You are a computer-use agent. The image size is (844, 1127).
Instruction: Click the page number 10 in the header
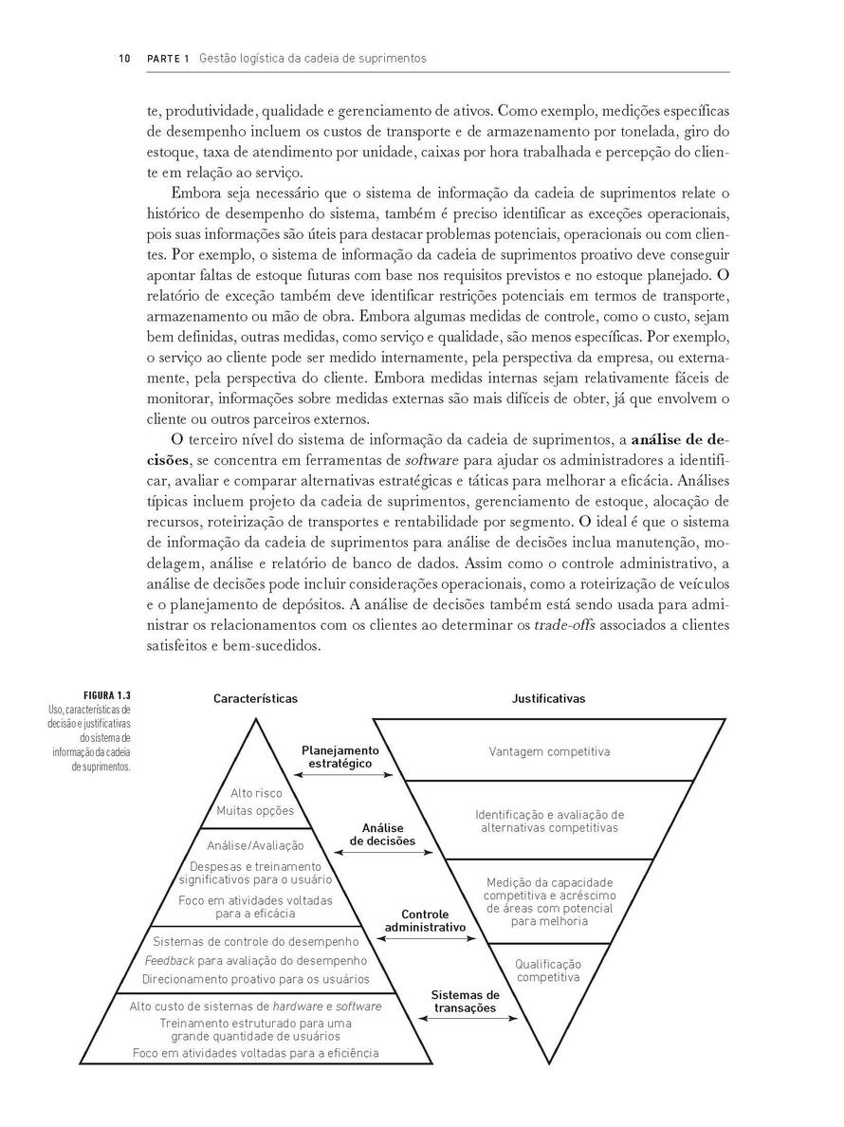(123, 59)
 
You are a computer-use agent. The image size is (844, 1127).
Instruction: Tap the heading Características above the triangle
(255, 698)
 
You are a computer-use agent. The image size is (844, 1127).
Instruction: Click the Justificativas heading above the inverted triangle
(548, 698)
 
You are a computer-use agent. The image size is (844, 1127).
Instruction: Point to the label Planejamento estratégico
(339, 756)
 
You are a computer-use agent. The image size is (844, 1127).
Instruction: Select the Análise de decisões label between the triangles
(382, 834)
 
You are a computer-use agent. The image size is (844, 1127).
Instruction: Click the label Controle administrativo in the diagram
(425, 920)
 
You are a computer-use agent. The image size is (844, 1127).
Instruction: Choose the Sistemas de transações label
(466, 1001)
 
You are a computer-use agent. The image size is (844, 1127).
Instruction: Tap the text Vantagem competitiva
(549, 751)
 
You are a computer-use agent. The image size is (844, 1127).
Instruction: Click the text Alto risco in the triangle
(256, 793)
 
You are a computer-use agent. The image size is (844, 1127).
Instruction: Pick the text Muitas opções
(255, 810)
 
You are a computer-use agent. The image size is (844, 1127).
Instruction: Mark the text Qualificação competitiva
(548, 970)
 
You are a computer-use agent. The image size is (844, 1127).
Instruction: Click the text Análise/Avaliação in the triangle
(255, 845)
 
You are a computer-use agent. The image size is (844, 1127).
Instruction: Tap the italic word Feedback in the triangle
(167, 960)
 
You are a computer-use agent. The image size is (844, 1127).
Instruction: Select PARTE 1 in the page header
(168, 59)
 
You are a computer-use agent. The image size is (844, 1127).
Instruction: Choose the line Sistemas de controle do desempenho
(255, 942)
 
